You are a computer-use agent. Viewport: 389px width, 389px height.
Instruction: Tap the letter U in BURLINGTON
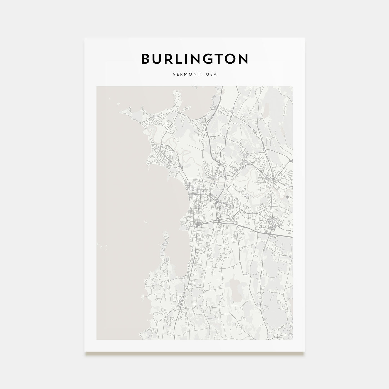(160, 59)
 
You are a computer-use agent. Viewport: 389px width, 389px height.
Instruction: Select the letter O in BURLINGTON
(242, 59)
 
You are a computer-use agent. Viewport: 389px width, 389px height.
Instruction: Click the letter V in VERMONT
(174, 74)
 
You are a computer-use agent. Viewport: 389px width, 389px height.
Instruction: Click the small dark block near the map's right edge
(287, 197)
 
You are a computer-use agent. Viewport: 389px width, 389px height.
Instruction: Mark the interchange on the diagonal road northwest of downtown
(181, 166)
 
